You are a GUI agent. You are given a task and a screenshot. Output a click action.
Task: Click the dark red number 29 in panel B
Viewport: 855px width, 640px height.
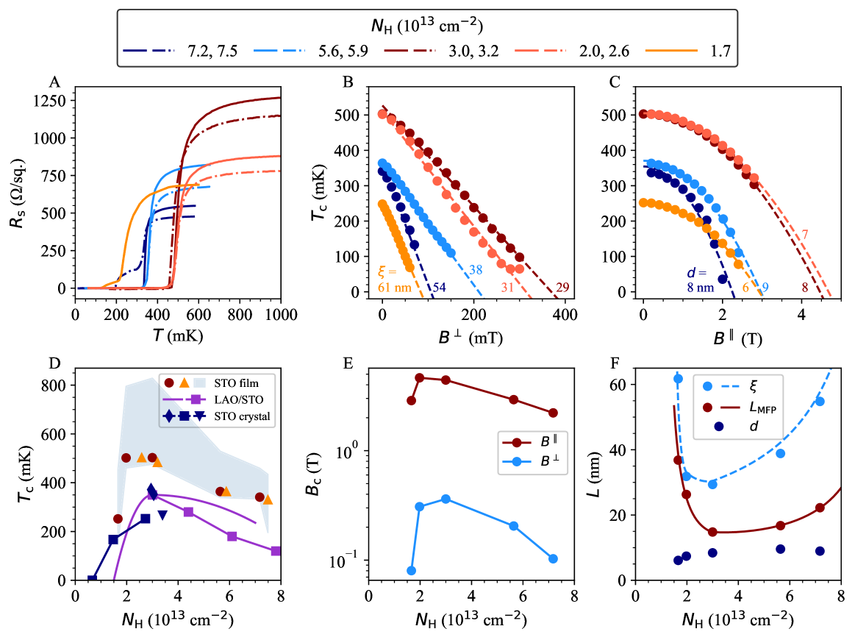click(563, 287)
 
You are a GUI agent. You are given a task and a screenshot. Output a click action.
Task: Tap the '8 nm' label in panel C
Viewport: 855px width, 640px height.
click(698, 287)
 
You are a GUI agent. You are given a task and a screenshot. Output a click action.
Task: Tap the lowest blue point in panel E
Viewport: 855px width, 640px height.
click(411, 570)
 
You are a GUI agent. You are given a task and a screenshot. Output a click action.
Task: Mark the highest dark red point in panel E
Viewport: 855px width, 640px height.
click(420, 377)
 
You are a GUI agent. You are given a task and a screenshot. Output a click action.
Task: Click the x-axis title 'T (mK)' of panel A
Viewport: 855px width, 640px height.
click(177, 335)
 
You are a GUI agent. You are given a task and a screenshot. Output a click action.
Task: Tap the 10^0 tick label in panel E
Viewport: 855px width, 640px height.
click(351, 450)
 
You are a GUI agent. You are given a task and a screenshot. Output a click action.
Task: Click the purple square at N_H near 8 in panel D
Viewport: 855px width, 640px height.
click(276, 551)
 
